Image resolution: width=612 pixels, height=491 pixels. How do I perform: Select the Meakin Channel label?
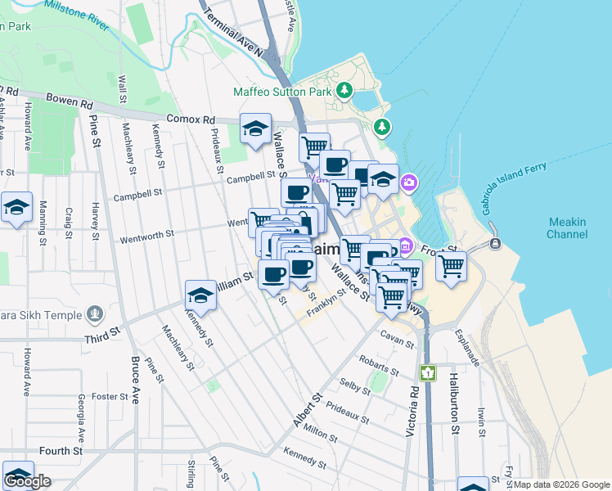(567, 227)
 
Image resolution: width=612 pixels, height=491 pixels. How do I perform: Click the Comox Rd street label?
(190, 119)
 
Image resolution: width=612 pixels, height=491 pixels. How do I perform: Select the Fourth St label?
(61, 451)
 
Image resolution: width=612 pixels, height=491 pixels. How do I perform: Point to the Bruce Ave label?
(136, 381)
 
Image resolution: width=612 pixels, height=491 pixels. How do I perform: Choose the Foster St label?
(106, 396)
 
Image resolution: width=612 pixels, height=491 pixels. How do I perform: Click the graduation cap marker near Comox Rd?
(255, 128)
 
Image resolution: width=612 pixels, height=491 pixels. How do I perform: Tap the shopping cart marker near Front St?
(451, 267)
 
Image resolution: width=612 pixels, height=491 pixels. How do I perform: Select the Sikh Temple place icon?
(96, 314)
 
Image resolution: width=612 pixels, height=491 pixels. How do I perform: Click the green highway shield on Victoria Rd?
(427, 372)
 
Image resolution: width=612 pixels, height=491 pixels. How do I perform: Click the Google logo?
(27, 481)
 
